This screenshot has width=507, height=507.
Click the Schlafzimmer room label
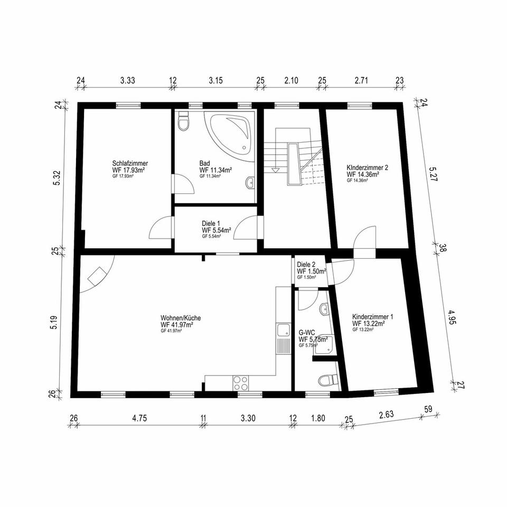(x=130, y=163)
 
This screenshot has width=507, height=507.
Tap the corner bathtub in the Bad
(x=230, y=132)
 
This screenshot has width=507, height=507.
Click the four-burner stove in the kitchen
(x=240, y=382)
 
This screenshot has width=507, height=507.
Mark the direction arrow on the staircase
(x=275, y=170)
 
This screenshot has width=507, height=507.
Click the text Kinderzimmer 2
(x=368, y=167)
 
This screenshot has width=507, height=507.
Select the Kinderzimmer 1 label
(x=372, y=317)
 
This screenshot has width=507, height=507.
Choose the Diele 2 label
(x=306, y=264)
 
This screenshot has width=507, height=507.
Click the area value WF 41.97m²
(x=176, y=325)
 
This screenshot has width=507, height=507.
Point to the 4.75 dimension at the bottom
(x=139, y=418)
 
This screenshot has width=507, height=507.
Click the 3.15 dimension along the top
(x=215, y=80)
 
